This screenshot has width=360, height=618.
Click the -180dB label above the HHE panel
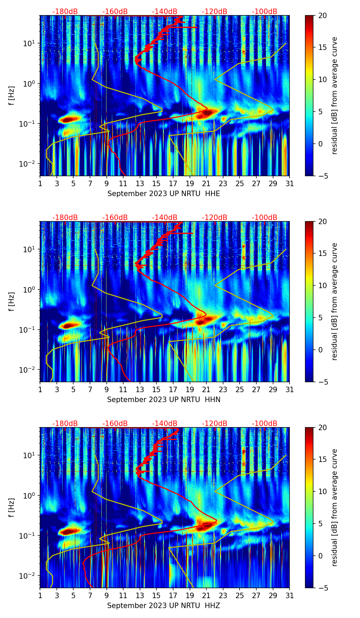coord(65,12)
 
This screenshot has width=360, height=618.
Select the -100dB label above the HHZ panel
coord(265,424)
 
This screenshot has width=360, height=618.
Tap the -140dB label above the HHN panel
coord(165,218)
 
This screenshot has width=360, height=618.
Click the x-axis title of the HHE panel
coord(164,194)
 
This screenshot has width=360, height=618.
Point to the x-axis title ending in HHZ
coord(164,606)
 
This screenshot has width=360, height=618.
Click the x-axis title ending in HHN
coord(164,400)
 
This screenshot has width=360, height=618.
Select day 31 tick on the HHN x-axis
coord(289,389)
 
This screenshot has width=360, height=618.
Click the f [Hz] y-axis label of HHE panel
coord(12,96)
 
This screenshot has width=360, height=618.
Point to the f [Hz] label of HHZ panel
coord(12,508)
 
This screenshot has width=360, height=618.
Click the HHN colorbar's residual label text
coord(334,301)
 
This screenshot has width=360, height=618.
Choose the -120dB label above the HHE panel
coord(215,12)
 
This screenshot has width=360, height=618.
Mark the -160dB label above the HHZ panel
coord(115,424)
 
